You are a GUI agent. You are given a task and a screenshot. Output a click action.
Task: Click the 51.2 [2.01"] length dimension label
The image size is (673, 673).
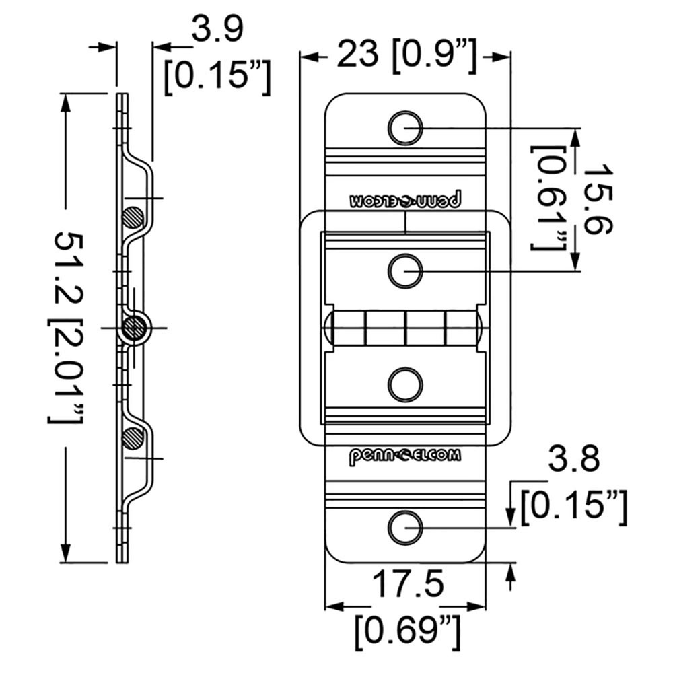point(67,327)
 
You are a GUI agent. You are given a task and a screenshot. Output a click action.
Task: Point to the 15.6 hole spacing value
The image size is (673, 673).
point(598,199)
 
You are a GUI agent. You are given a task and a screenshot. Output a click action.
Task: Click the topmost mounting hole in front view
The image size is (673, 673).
point(406,127)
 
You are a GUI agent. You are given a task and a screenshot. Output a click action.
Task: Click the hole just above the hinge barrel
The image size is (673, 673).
point(406,271)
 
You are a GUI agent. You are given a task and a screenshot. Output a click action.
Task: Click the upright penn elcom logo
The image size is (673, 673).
point(405,456)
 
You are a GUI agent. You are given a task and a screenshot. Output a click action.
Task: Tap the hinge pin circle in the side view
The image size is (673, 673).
point(135,328)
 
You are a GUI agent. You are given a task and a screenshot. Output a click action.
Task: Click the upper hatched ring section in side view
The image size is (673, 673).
point(133,217)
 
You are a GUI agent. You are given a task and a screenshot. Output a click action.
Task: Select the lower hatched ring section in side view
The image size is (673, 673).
point(133,438)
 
